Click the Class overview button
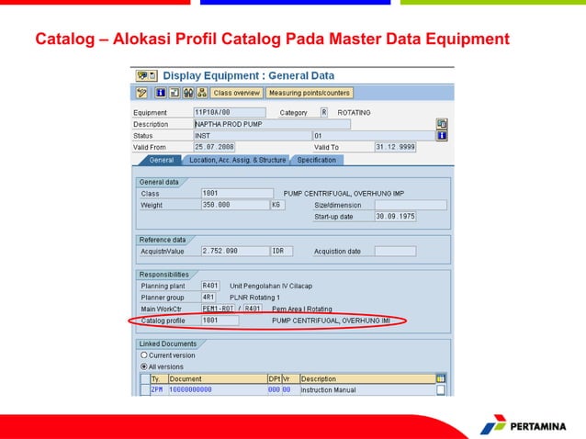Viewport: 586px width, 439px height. pyautogui.click(x=236, y=93)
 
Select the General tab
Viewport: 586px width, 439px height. pyautogui.click(x=160, y=160)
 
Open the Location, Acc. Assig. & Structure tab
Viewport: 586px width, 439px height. pyautogui.click(x=237, y=160)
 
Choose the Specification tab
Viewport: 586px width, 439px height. pyautogui.click(x=316, y=160)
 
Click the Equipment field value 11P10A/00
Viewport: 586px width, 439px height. pyautogui.click(x=220, y=113)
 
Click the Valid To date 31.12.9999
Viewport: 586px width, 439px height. pyautogui.click(x=395, y=147)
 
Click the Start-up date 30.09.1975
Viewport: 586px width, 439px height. pyautogui.click(x=395, y=217)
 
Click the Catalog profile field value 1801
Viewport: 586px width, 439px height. pyautogui.click(x=219, y=321)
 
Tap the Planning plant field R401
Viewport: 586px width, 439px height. pyautogui.click(x=210, y=286)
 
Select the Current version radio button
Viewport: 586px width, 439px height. pyautogui.click(x=144, y=355)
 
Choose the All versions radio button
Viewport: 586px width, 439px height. pyautogui.click(x=144, y=366)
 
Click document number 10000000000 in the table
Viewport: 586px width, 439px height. pyautogui.click(x=190, y=389)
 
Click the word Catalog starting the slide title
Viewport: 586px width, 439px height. pyautogui.click(x=64, y=39)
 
